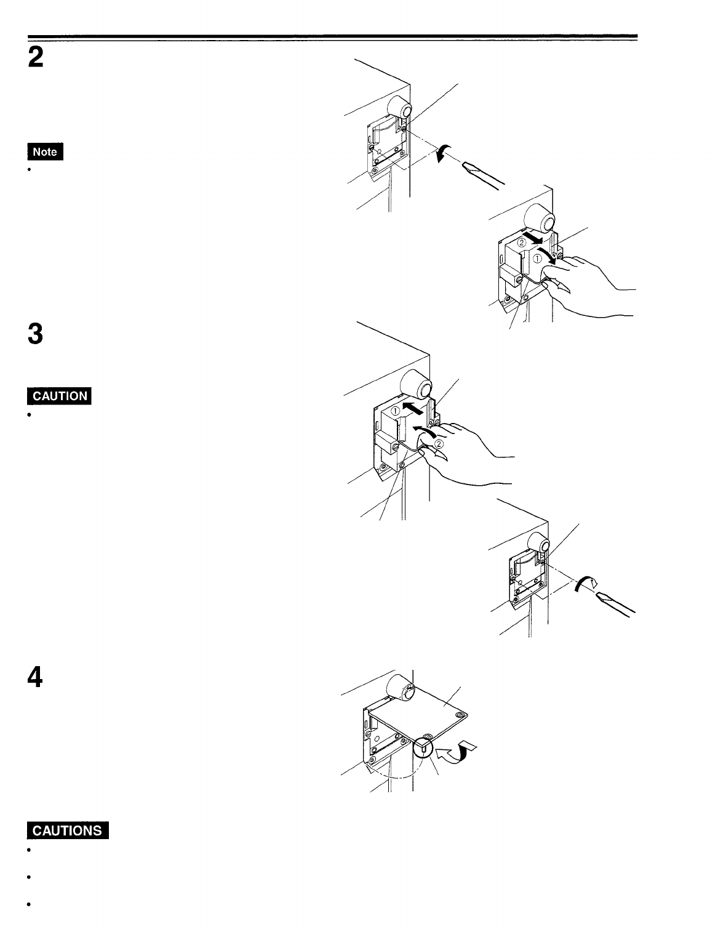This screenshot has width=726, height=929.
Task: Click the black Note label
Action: [x=45, y=151]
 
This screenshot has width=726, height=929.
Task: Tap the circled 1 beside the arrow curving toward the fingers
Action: [x=537, y=259]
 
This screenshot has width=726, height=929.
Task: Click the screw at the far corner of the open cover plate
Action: [x=459, y=715]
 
